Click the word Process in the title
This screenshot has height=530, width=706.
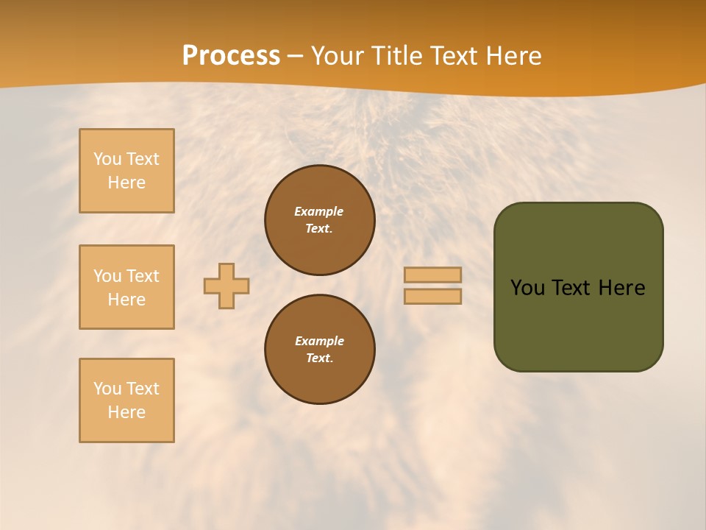[x=231, y=56]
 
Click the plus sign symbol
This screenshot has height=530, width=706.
[x=227, y=286]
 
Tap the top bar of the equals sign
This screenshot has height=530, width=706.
[x=432, y=275]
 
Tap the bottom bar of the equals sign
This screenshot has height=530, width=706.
[x=432, y=296]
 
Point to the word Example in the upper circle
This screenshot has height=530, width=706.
[x=319, y=211]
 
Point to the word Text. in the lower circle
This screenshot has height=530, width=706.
[x=319, y=358]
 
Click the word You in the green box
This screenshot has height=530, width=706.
[x=527, y=288]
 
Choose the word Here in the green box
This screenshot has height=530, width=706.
[x=621, y=288]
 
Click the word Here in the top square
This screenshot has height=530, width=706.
[x=126, y=183]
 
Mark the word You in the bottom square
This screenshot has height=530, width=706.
[x=107, y=389]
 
